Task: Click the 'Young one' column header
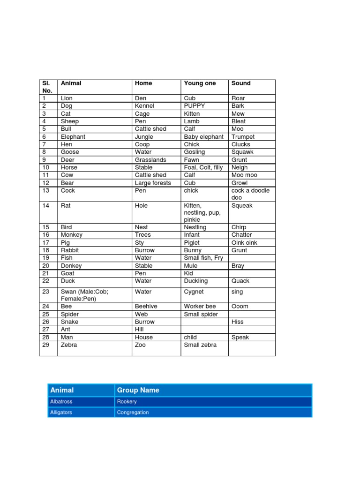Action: tap(200, 83)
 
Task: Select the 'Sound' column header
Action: tap(241, 83)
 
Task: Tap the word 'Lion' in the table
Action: tap(67, 98)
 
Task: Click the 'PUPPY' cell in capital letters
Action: tap(195, 106)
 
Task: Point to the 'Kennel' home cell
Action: tap(144, 106)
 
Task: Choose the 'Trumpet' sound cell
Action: tap(243, 137)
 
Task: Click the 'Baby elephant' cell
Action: tap(204, 137)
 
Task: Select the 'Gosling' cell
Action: tap(195, 152)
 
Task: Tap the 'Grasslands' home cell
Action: tap(150, 160)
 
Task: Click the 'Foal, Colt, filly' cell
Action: tap(203, 167)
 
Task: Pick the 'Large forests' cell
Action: tap(153, 183)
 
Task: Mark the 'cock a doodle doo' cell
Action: tap(250, 194)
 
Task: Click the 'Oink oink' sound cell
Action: tap(244, 243)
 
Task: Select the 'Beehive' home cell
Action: tap(146, 307)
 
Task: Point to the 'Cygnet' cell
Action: tap(194, 292)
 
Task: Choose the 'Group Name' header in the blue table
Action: tap(138, 390)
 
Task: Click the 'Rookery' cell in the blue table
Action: tap(127, 402)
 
